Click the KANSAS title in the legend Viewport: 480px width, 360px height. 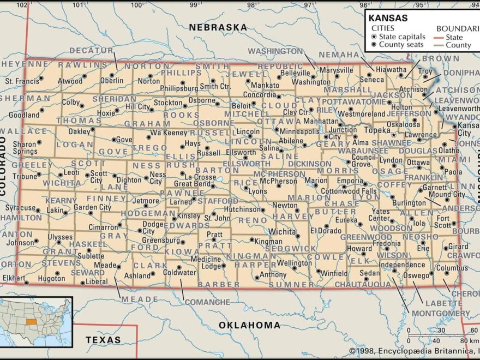point(388,17)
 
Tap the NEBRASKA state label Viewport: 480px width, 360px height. point(218,27)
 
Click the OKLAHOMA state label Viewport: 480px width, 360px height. point(249,325)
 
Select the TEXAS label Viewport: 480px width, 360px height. point(103,340)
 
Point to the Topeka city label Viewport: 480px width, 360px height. point(376,130)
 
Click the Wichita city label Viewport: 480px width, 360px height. point(282,231)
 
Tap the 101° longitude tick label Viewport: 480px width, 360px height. point(80,5)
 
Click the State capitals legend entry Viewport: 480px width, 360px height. point(402,37)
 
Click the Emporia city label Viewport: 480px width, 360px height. point(350,181)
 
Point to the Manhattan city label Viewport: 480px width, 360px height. point(321,121)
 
